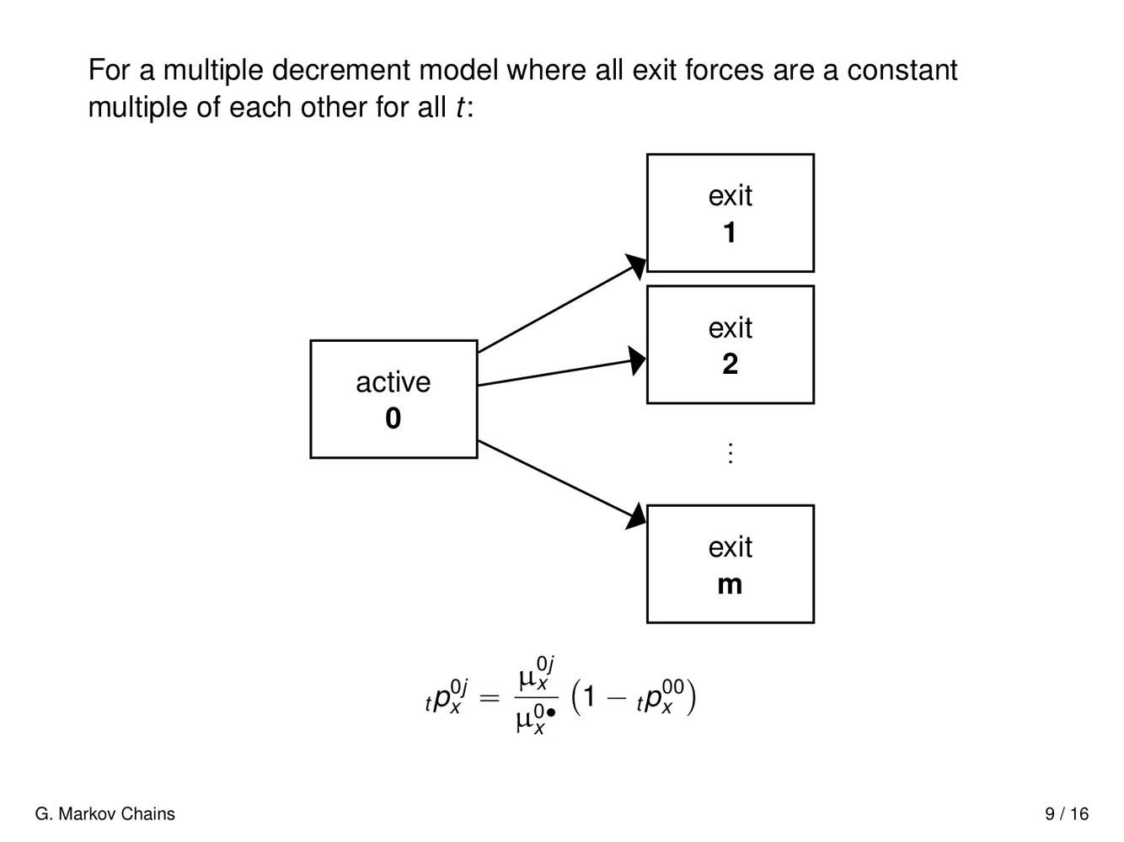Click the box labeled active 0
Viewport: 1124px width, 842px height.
[393, 399]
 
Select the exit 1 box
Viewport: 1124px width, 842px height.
[730, 213]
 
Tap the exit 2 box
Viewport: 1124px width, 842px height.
[730, 344]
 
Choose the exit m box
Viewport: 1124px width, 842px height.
[730, 564]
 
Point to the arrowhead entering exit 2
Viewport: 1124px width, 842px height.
[637, 360]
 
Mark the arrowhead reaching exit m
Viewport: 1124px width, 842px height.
[636, 516]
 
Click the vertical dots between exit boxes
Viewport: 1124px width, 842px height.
[731, 453]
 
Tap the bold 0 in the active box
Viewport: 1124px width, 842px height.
[393, 418]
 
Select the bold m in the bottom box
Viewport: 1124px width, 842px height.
[730, 584]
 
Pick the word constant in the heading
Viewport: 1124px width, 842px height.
[902, 70]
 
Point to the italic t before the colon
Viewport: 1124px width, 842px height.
[459, 108]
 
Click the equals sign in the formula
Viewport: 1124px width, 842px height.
[489, 698]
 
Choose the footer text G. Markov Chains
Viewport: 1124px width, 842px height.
[105, 814]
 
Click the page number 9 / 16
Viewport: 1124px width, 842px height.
[1067, 814]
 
